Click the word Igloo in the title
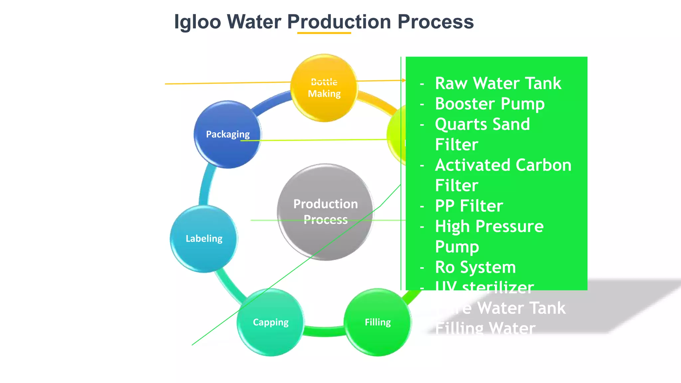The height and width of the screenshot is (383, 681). tap(198, 22)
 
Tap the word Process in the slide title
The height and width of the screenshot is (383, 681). tap(435, 22)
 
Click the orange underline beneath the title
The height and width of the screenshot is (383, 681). tap(324, 33)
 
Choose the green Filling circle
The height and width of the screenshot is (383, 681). tap(377, 322)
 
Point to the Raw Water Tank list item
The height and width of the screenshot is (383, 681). tap(498, 83)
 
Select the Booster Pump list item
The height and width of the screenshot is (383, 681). tap(489, 104)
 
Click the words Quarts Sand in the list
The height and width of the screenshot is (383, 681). tap(482, 124)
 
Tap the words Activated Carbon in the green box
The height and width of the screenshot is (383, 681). tap(503, 165)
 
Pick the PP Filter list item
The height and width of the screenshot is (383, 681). tap(469, 206)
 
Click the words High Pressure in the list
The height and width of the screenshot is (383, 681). tap(489, 226)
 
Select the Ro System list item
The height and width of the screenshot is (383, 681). tap(475, 267)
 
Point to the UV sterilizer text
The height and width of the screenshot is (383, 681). tap(484, 287)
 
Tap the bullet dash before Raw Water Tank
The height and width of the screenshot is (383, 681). tap(422, 84)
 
